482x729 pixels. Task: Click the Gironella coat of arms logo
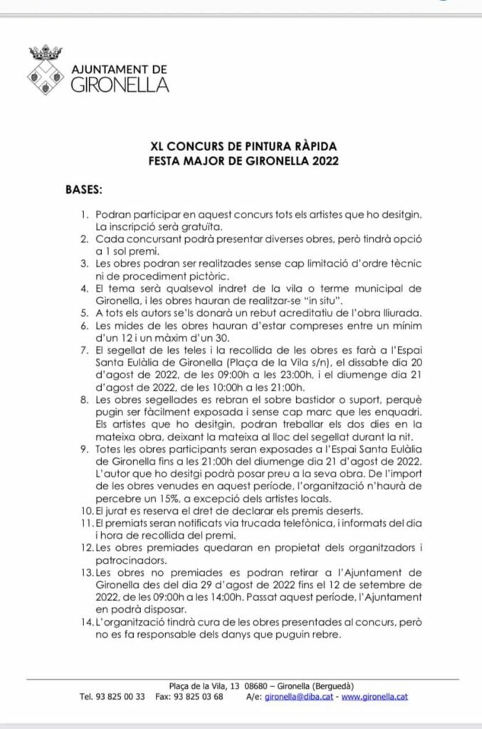click(46, 70)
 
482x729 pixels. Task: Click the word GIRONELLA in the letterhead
click(120, 85)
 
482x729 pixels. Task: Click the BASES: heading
click(84, 190)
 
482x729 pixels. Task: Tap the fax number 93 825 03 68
click(200, 697)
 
